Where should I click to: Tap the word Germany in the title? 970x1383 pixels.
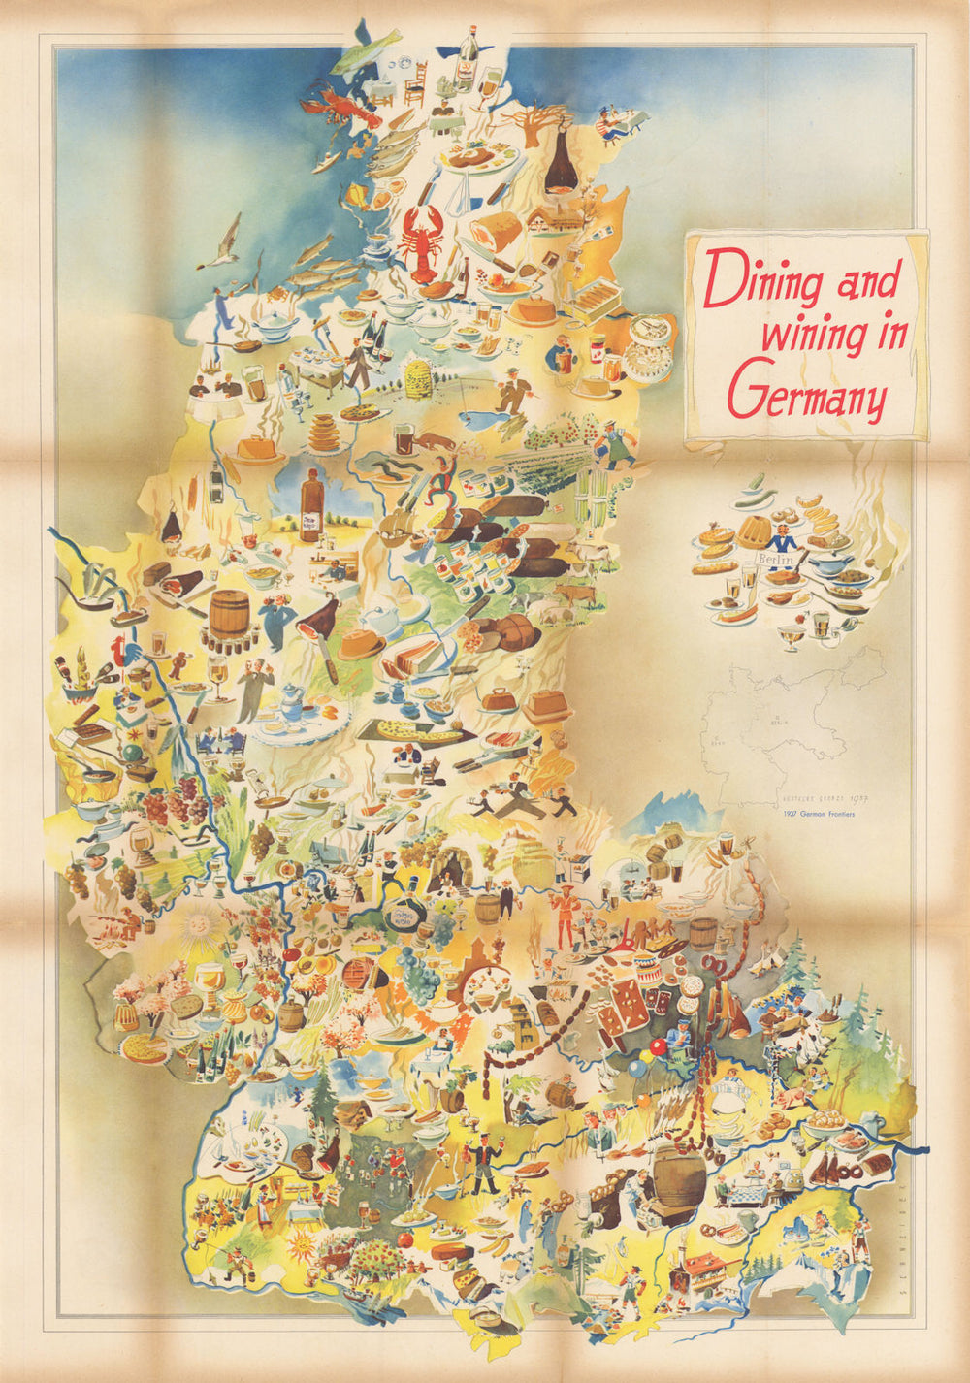(806, 392)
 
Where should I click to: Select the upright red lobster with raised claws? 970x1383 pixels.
(422, 233)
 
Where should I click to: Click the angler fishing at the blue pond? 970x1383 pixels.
(512, 393)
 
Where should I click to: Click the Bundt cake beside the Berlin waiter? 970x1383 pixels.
(754, 531)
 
